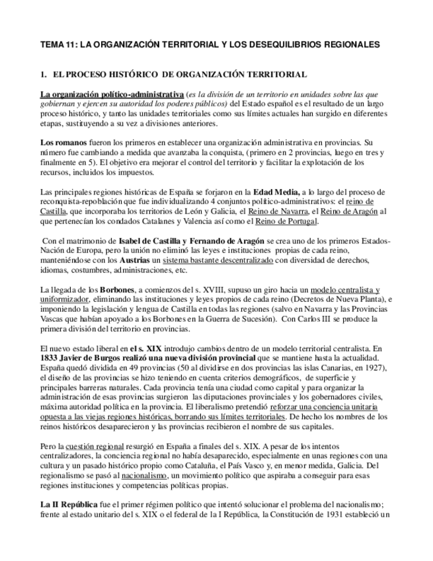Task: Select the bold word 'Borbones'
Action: coord(118,290)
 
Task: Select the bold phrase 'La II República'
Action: coord(72,505)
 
